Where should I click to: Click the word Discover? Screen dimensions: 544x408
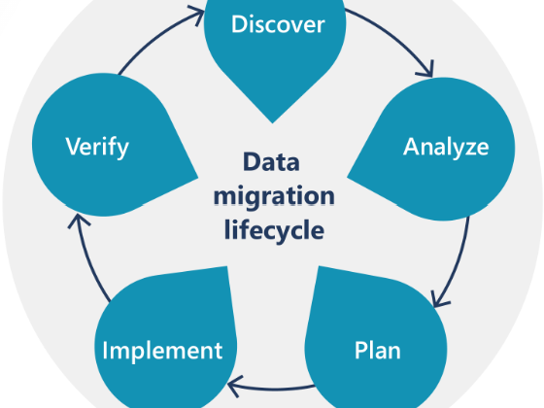click(x=278, y=24)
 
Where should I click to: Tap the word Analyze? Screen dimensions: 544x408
click(x=446, y=147)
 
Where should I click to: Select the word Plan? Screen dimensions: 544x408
click(x=378, y=350)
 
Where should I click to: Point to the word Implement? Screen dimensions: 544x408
click(x=162, y=351)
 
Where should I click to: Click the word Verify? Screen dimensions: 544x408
click(x=97, y=147)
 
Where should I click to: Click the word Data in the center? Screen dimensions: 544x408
click(x=271, y=161)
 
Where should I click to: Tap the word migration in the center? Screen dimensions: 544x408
click(x=274, y=196)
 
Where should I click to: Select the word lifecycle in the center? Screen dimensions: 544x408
click(x=274, y=229)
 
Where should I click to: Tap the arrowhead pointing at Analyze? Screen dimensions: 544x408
click(x=427, y=70)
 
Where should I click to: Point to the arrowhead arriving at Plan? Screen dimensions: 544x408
click(x=438, y=300)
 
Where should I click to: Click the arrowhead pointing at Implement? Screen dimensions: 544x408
click(x=234, y=385)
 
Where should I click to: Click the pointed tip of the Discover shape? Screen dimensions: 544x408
click(x=272, y=122)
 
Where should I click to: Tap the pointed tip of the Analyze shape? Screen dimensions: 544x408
click(x=348, y=178)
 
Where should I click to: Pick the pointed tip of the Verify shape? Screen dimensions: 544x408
click(x=198, y=178)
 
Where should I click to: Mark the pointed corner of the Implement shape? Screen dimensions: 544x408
click(x=227, y=266)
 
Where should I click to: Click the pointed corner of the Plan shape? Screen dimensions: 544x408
click(x=319, y=266)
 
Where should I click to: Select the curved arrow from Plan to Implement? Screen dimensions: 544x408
click(x=274, y=390)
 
